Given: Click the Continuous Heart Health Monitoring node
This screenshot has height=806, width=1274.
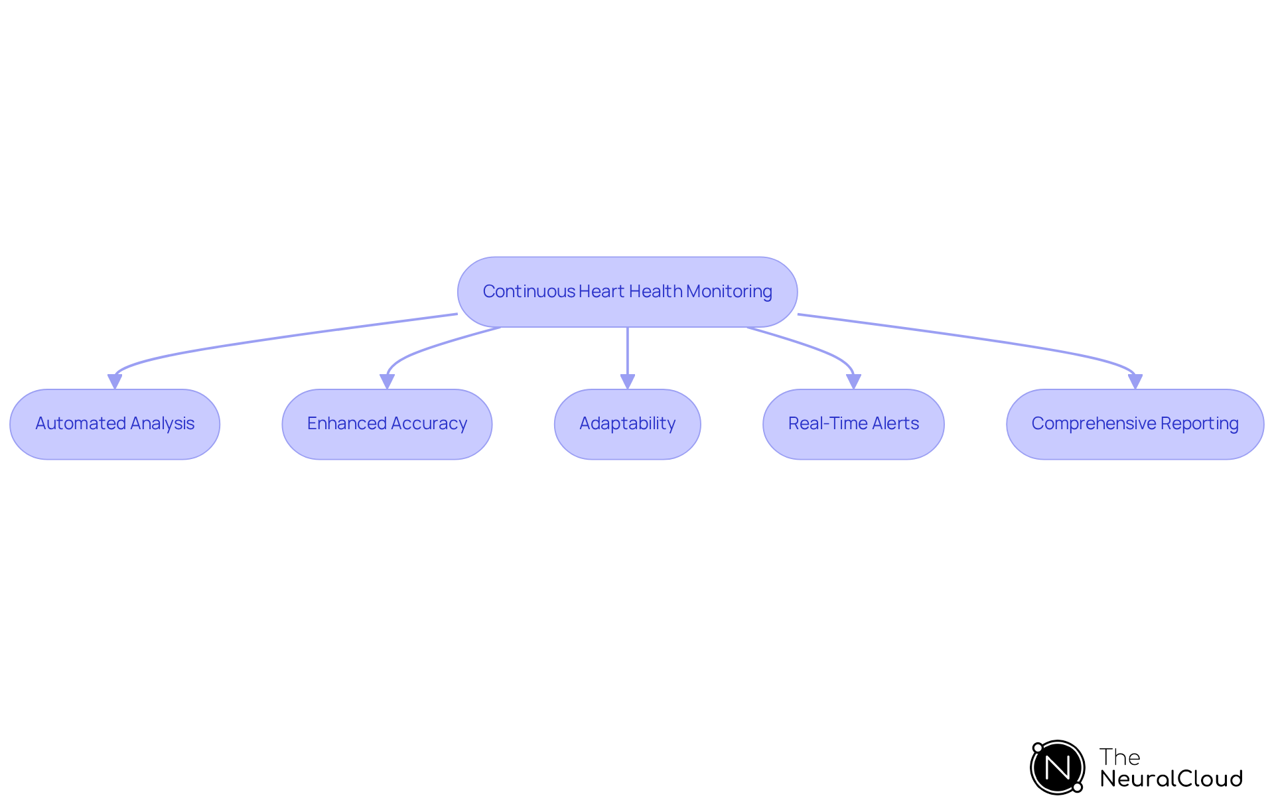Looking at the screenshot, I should (x=627, y=292).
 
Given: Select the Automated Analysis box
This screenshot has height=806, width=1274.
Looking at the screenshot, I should (x=115, y=424).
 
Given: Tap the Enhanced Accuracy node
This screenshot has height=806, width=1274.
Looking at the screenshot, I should (x=387, y=424).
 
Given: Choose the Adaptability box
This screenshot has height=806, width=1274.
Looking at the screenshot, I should (x=627, y=424).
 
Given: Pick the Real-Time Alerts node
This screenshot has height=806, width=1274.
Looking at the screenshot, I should (x=853, y=424).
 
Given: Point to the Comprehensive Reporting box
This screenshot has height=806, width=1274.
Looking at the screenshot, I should (x=1135, y=424).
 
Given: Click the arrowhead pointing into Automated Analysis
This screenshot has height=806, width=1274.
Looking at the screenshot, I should (x=115, y=381).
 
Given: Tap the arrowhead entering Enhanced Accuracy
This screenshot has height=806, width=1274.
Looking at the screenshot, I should (x=387, y=381).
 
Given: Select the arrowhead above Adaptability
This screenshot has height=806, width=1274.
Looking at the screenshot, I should (x=627, y=381).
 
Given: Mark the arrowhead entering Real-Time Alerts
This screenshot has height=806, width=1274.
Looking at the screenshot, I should (x=853, y=381).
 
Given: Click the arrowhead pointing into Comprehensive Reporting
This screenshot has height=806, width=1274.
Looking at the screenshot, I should (x=1135, y=381).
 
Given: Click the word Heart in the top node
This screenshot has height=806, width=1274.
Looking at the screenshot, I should (x=602, y=292).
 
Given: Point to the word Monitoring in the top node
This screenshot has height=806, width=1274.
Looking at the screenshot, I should (x=729, y=292).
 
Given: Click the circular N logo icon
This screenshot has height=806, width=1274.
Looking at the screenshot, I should (x=1057, y=768).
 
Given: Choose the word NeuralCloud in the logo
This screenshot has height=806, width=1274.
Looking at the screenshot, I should (x=1170, y=779).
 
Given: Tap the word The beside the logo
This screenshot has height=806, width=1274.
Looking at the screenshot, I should (x=1119, y=757).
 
